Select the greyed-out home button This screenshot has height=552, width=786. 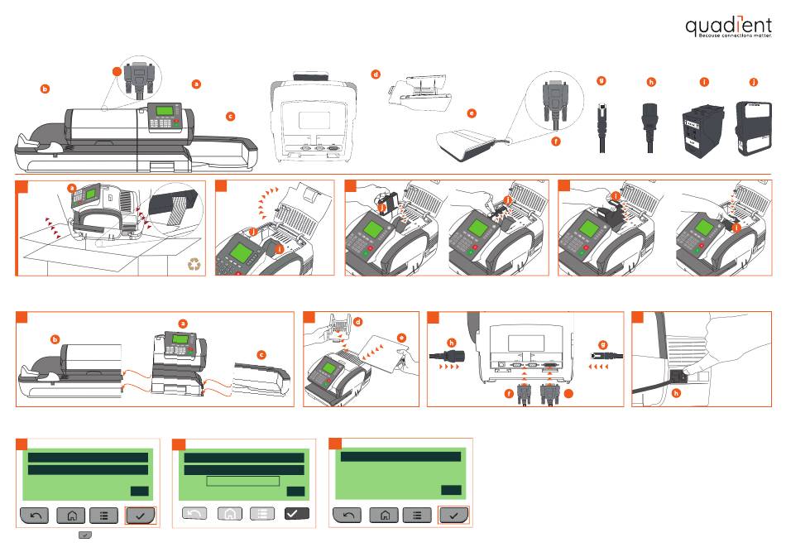[229, 514]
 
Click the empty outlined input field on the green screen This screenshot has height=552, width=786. [242, 481]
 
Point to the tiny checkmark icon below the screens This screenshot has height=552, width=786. [84, 537]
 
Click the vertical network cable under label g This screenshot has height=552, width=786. [602, 127]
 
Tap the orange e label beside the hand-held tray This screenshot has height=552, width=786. [402, 338]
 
